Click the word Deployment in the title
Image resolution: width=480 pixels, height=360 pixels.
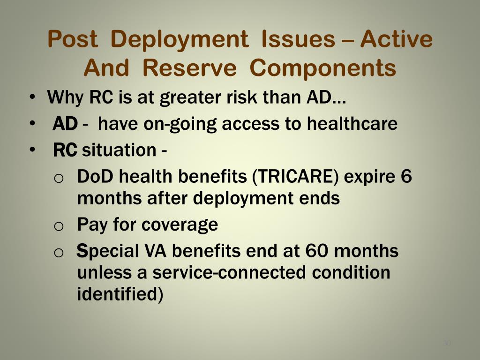[180, 40]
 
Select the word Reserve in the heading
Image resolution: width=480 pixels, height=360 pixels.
[189, 68]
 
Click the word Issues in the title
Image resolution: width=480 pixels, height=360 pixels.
[299, 39]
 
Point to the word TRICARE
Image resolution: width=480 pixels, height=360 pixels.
[295, 177]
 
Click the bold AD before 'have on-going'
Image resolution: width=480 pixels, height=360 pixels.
[65, 124]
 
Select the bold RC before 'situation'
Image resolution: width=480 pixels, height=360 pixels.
[65, 150]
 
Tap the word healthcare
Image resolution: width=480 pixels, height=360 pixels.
[352, 123]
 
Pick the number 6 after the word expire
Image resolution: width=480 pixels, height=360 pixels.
[406, 176]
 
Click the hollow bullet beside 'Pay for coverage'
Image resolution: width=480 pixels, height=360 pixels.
[59, 226]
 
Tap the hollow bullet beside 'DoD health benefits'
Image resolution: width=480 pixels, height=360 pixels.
[59, 178]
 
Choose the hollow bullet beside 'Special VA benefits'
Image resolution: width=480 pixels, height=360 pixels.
[59, 253]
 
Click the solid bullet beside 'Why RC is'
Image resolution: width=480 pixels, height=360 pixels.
[32, 97]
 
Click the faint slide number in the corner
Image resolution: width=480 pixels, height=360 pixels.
[447, 343]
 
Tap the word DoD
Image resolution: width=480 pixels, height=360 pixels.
[95, 177]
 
